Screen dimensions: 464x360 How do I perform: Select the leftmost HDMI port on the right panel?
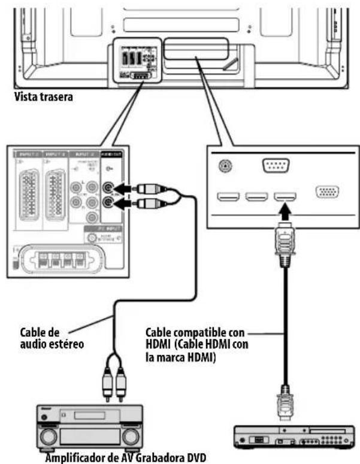(228, 196)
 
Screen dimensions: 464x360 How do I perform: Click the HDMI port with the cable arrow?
(285, 196)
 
